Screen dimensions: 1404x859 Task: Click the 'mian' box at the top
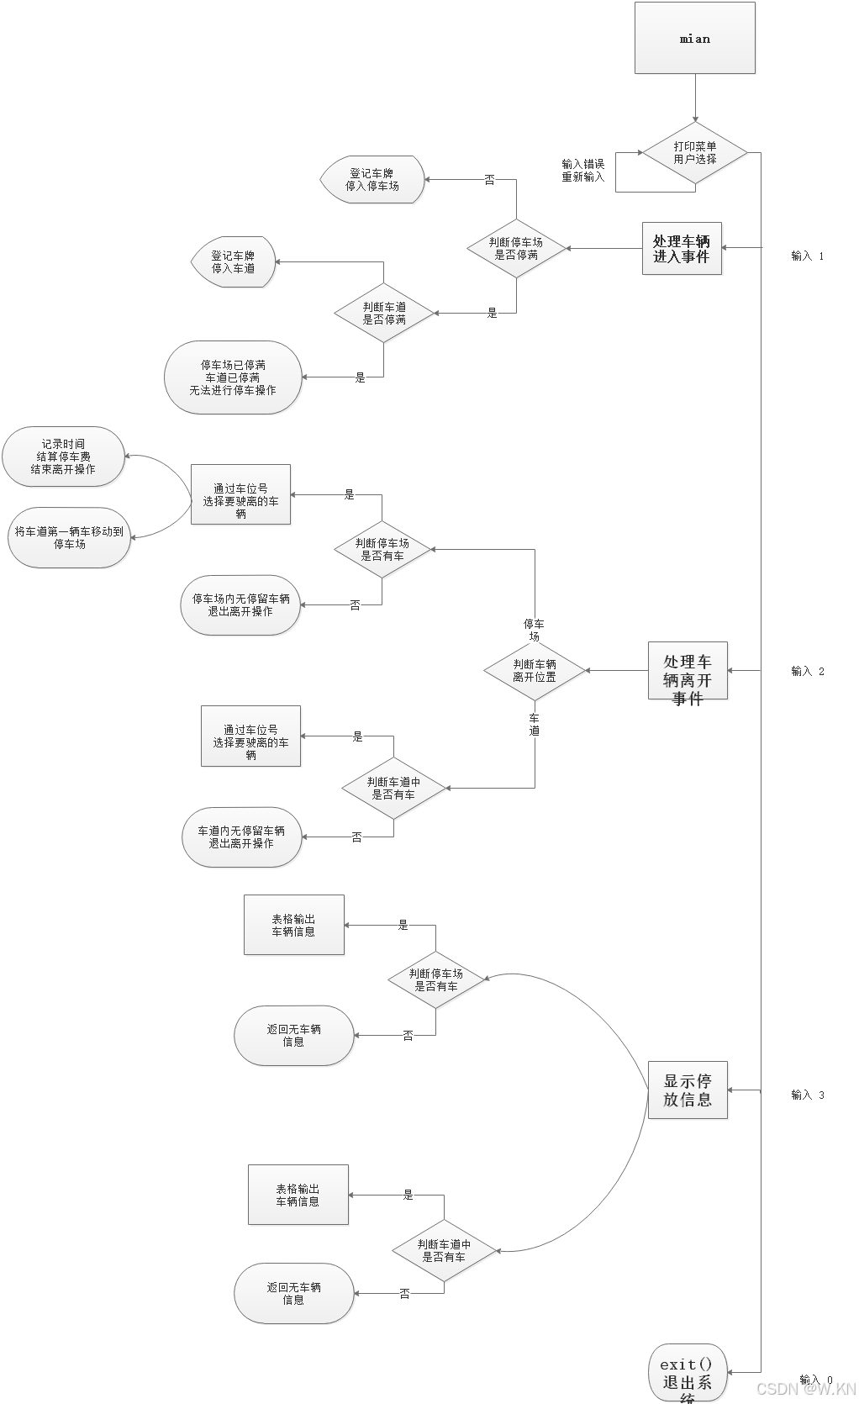coord(695,39)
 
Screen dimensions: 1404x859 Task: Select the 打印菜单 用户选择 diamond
coord(695,153)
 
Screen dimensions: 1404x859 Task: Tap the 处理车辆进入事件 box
coord(682,249)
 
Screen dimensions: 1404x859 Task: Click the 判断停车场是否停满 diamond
coord(516,248)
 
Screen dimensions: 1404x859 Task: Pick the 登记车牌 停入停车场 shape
coord(372,180)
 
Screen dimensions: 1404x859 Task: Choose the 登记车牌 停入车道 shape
coord(233,262)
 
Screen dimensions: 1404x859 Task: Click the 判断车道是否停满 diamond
coord(384,314)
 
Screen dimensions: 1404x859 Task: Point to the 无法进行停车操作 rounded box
coord(233,377)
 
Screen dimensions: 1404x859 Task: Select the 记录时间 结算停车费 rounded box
coord(64,457)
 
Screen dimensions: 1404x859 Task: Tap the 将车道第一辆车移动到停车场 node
coord(70,538)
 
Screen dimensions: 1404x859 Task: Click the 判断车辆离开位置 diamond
coord(535,671)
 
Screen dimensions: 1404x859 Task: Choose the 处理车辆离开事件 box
coord(688,672)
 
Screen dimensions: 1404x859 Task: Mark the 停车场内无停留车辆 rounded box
coord(240,605)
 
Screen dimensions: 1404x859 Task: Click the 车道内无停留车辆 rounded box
coord(241,837)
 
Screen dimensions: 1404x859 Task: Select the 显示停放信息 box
coord(688,1090)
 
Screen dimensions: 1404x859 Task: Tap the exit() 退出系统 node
coord(687,1373)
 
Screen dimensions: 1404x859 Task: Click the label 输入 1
coord(808,256)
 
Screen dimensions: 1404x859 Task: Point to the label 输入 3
coord(808,1095)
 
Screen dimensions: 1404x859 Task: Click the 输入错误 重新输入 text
coord(583,171)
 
